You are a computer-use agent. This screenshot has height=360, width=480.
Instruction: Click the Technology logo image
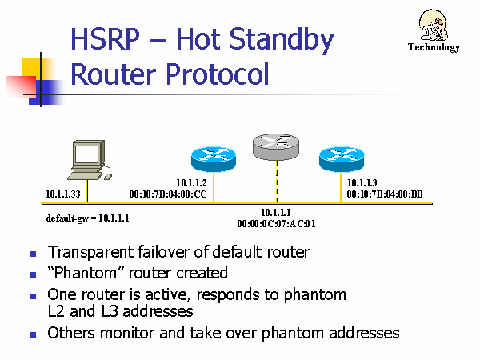tap(434, 33)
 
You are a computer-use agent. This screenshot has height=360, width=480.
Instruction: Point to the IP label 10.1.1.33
tap(64, 194)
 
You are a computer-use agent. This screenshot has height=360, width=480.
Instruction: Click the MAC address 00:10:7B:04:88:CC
tap(168, 194)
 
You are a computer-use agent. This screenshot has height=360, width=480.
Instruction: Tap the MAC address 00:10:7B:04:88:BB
tap(385, 194)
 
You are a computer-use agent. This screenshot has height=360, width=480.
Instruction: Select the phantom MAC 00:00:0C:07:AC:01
tap(277, 224)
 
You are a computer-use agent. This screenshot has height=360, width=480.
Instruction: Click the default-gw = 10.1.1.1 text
tap(89, 218)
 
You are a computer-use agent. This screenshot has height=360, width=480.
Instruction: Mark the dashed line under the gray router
tap(277, 181)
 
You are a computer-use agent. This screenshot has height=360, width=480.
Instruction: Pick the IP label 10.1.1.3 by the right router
tap(362, 183)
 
